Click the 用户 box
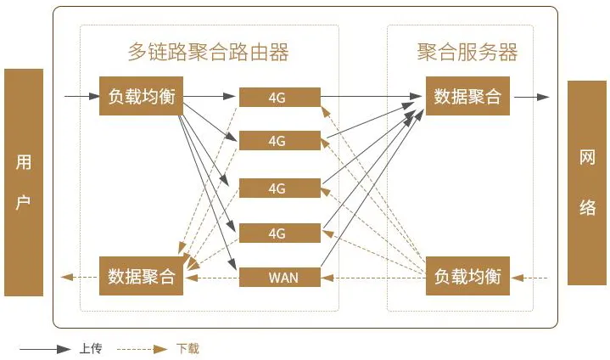[24, 183]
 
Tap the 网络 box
[587, 183]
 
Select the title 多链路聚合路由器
[208, 52]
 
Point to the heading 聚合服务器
[467, 52]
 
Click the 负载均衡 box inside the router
[141, 96]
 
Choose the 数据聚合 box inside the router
[141, 276]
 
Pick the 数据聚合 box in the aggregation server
[467, 96]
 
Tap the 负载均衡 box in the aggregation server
[467, 276]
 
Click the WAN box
[280, 278]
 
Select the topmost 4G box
[280, 98]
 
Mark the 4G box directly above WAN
[280, 233]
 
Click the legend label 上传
[91, 348]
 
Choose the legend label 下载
[187, 348]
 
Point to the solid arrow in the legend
[45, 349]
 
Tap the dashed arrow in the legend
[143, 349]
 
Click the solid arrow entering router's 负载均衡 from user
[82, 96]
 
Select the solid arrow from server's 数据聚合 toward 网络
[531, 97]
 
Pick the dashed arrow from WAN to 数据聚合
[212, 278]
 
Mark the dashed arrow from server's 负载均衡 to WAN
[374, 278]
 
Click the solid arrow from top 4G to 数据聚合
[371, 96]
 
